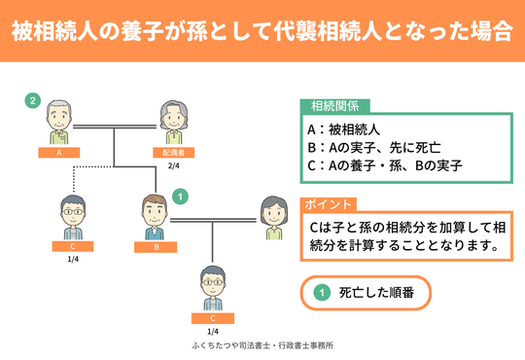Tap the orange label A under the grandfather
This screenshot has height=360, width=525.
(x=60, y=153)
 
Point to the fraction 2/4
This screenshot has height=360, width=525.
(x=175, y=166)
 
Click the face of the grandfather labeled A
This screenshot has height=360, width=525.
(x=60, y=119)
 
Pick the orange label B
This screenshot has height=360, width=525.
(x=154, y=246)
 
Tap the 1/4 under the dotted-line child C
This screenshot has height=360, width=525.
(x=73, y=260)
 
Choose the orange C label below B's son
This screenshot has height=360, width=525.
(x=212, y=317)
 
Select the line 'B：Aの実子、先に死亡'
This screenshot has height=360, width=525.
(x=373, y=147)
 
